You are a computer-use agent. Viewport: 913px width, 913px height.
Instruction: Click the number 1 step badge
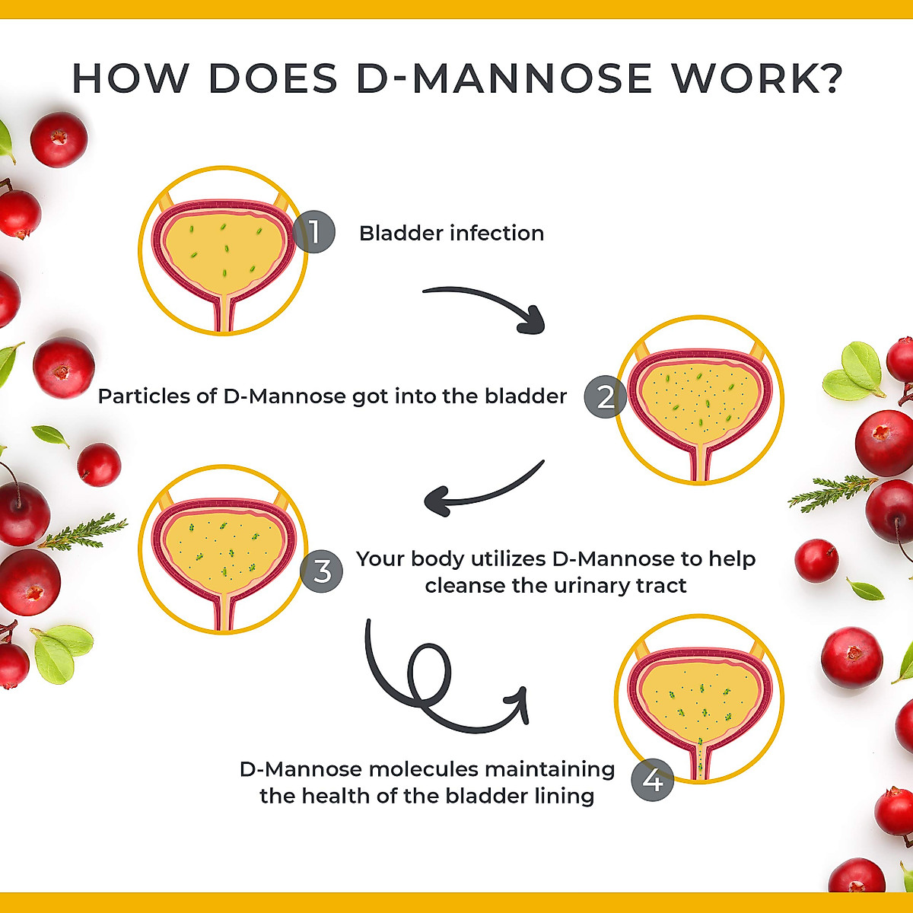[313, 231]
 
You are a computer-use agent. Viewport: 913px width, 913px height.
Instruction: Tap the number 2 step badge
[606, 397]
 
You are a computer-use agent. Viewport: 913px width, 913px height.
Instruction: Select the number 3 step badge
[322, 571]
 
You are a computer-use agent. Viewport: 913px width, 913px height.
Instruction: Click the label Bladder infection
[451, 233]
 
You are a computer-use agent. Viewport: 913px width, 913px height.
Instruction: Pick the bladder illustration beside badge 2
[698, 399]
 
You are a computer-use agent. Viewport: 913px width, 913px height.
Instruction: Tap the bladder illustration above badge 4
[698, 700]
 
